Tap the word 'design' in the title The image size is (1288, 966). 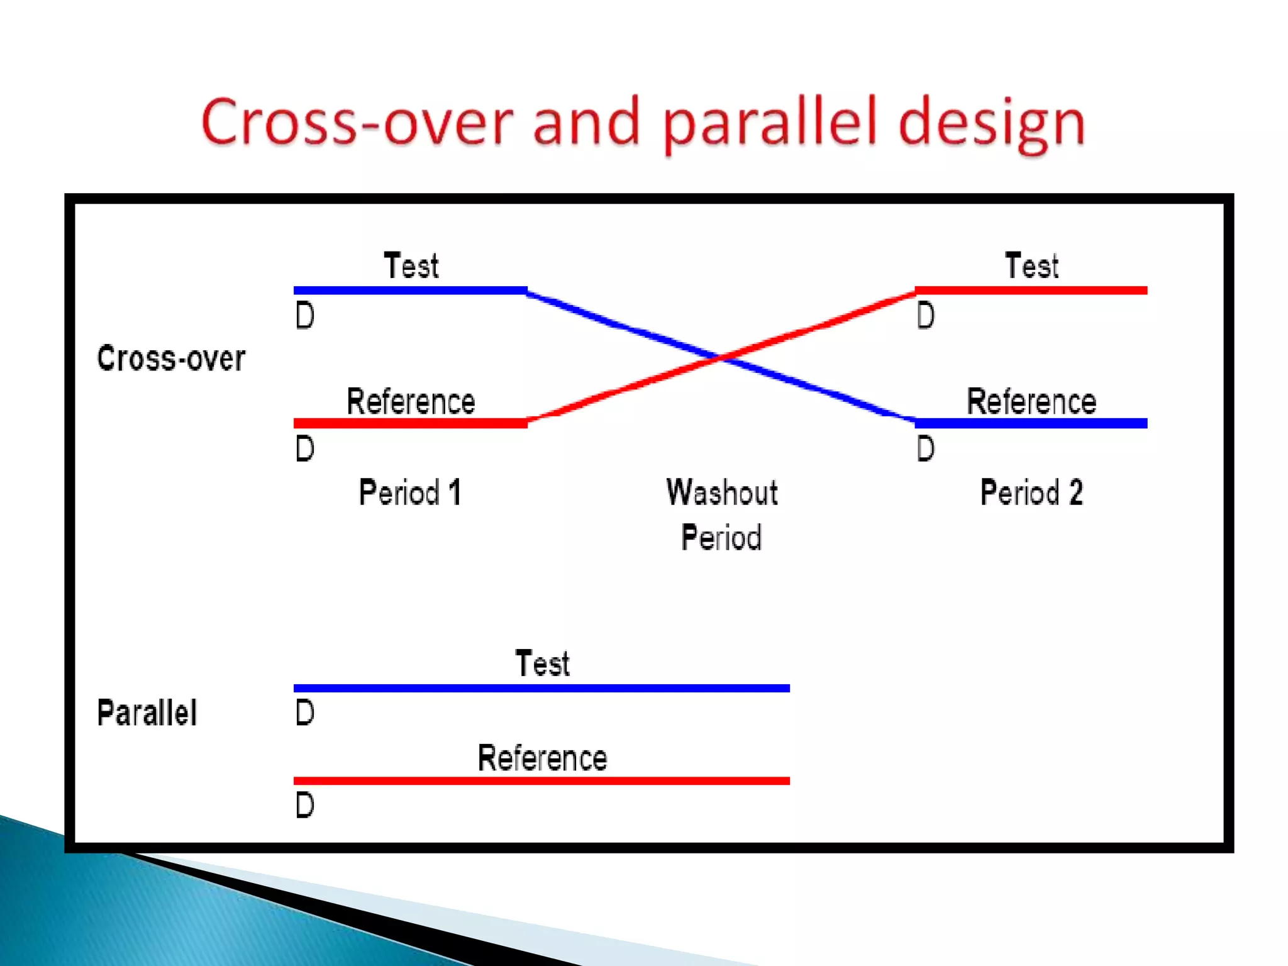click(991, 123)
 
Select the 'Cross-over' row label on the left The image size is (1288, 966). click(170, 358)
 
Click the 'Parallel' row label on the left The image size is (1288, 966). click(147, 713)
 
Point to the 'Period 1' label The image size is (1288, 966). click(410, 492)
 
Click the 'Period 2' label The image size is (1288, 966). click(1031, 492)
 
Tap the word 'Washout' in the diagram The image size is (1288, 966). click(722, 492)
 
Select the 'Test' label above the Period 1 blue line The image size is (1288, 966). click(411, 265)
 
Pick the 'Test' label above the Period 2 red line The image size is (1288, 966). click(1031, 265)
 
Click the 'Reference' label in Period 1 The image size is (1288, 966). click(411, 401)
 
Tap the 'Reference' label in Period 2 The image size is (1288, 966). click(1031, 401)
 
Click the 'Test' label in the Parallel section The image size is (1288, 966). click(542, 663)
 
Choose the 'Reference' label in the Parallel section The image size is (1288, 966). click(542, 758)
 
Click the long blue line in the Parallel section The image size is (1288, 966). click(541, 688)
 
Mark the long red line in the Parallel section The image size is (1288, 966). click(541, 780)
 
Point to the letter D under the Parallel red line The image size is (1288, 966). click(305, 805)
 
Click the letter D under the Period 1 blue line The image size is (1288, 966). click(305, 316)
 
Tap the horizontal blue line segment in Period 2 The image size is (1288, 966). click(1031, 423)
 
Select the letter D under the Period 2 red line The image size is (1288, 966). click(925, 316)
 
